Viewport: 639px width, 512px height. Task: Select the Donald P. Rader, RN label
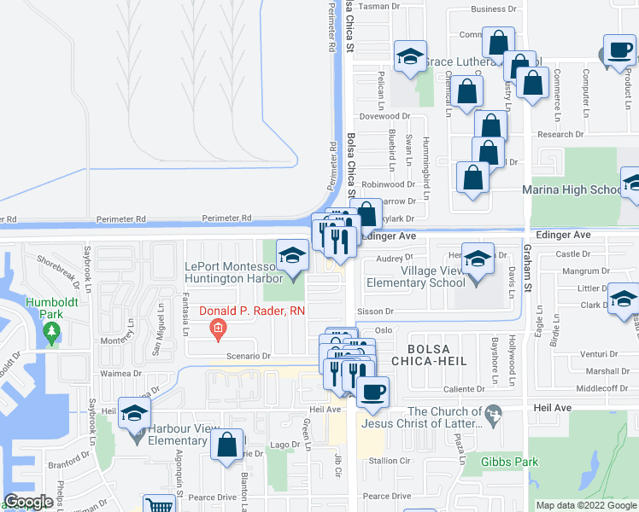tap(252, 310)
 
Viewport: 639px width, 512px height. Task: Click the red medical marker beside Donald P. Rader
tap(218, 327)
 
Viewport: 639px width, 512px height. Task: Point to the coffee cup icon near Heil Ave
tap(372, 393)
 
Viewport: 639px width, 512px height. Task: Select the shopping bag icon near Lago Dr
tap(226, 445)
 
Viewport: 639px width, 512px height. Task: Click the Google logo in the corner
tap(29, 502)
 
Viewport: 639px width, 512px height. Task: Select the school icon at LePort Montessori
tap(292, 256)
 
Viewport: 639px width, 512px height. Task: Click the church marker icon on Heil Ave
tap(493, 416)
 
